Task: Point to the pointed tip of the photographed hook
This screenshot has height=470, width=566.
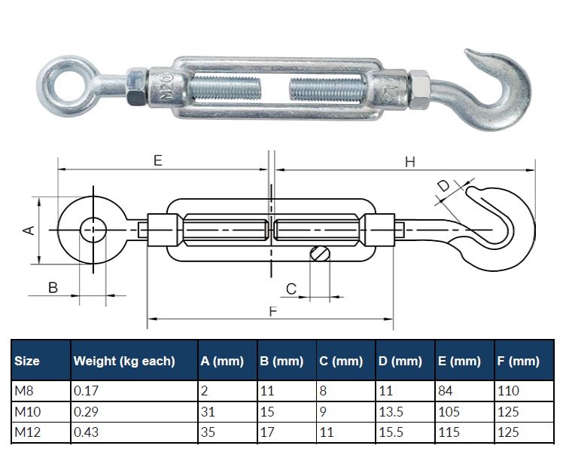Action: click(467, 50)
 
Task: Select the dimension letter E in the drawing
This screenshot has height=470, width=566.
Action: click(158, 160)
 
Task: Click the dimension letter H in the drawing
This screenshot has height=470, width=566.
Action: click(410, 162)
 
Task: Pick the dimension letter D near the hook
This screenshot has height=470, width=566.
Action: click(443, 186)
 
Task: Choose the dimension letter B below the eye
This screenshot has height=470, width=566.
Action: click(53, 288)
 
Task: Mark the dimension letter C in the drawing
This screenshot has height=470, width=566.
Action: click(291, 289)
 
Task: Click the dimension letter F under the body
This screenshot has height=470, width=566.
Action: click(273, 311)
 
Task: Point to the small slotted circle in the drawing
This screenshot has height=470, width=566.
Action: click(320, 253)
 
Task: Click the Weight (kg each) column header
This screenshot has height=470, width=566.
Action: click(124, 361)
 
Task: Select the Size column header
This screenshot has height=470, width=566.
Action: click(27, 361)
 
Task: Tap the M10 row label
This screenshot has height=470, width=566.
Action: click(28, 411)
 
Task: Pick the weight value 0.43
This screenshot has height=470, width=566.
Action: click(86, 432)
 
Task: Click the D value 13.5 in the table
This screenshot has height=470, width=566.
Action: click(391, 411)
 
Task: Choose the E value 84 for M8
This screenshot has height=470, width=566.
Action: click(446, 390)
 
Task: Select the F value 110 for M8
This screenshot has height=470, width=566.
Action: click(508, 390)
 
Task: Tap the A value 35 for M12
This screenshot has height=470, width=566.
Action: click(208, 432)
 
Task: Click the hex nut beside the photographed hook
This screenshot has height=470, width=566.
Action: click(419, 89)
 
